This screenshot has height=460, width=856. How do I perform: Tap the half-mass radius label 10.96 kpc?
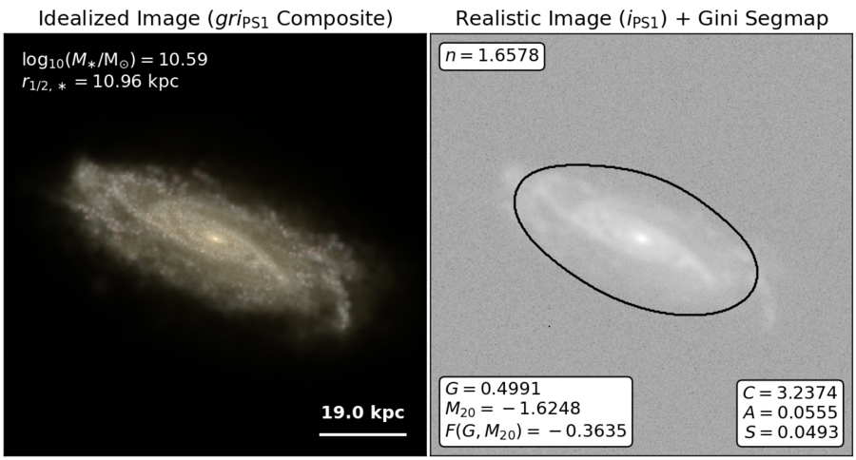(x=136, y=82)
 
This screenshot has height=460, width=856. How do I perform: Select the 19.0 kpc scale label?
(x=363, y=412)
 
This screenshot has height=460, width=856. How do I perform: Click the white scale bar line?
(x=363, y=434)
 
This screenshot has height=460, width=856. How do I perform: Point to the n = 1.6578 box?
(x=492, y=56)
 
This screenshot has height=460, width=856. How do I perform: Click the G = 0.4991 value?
(x=493, y=389)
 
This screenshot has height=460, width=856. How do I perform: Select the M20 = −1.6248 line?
(x=513, y=409)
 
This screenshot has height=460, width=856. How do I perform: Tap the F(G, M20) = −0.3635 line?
(x=535, y=431)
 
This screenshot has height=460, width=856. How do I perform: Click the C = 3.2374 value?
(x=790, y=393)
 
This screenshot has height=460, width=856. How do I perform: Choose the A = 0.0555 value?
(x=790, y=412)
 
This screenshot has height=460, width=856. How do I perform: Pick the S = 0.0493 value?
(x=790, y=431)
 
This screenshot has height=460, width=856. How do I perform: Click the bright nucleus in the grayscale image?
(x=642, y=238)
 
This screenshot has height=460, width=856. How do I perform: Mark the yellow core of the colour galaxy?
(x=213, y=238)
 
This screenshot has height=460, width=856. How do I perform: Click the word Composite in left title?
(x=335, y=19)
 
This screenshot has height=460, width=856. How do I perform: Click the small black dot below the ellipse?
(x=549, y=326)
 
